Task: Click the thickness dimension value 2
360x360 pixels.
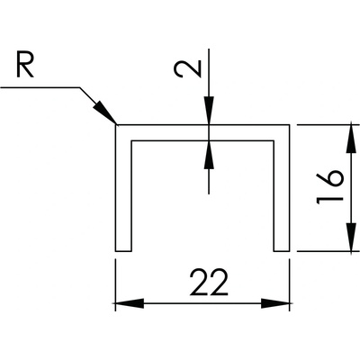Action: pyautogui.click(x=187, y=69)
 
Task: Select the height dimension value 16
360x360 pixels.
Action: pyautogui.click(x=329, y=187)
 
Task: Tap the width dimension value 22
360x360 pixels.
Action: pyautogui.click(x=209, y=282)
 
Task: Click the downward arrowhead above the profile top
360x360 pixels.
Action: pyautogui.click(x=209, y=110)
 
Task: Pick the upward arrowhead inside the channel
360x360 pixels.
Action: pyautogui.click(x=209, y=154)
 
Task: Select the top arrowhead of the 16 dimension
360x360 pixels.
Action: pyautogui.click(x=351, y=138)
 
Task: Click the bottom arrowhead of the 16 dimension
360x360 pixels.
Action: pyautogui.click(x=351, y=238)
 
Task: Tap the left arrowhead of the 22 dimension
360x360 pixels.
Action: pyautogui.click(x=130, y=303)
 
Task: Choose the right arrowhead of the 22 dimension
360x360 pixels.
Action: pyautogui.click(x=275, y=303)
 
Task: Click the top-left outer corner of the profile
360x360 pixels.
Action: pyautogui.click(x=116, y=124)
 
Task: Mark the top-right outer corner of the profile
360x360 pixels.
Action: pyautogui.click(x=290, y=124)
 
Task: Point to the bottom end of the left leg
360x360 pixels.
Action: pyautogui.click(x=123, y=251)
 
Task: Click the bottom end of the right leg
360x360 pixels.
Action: pyautogui.click(x=282, y=251)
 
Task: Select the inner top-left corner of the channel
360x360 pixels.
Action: pyautogui.click(x=131, y=140)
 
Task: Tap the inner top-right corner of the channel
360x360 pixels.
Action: pyautogui.click(x=274, y=140)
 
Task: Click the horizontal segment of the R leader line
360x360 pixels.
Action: pyautogui.click(x=40, y=87)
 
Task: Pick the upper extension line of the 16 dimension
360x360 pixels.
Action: pyautogui.click(x=328, y=124)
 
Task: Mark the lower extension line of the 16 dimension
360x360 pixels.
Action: pyautogui.click(x=328, y=251)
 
